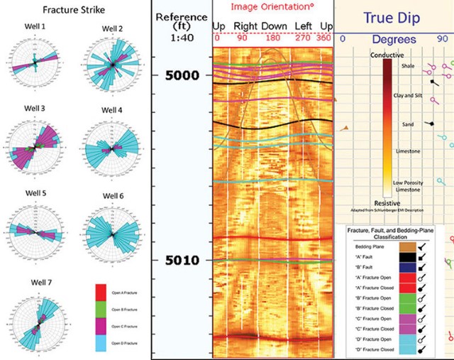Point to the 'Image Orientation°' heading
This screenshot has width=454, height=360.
point(273,8)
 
